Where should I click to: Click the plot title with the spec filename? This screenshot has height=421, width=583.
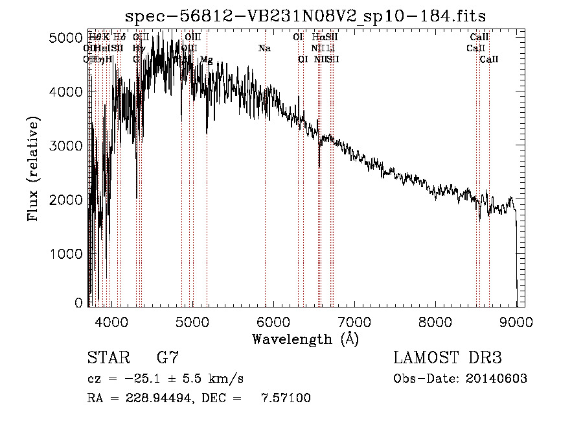[x=305, y=16]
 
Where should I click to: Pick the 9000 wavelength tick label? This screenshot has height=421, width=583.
[x=516, y=321]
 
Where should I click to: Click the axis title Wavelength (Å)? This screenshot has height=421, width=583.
[x=305, y=339]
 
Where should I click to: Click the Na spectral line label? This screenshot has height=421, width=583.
[x=264, y=49]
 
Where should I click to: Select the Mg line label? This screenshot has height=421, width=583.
[x=206, y=60]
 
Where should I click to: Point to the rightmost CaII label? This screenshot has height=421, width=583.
[x=489, y=60]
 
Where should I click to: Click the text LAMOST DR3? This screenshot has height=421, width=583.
[x=447, y=357]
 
